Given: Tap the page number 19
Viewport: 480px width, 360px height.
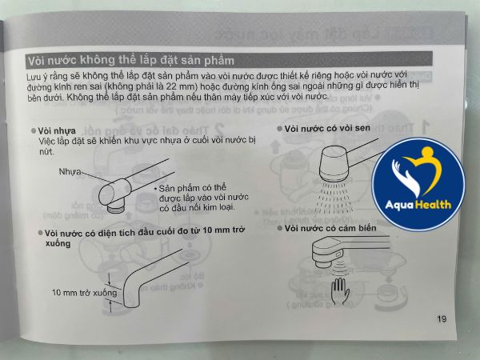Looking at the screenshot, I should pyautogui.click(x=442, y=319).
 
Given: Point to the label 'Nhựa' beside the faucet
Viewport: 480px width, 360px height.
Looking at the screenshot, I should pyautogui.click(x=70, y=171).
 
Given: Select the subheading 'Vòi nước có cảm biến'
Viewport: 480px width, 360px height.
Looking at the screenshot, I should pyautogui.click(x=329, y=228).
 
